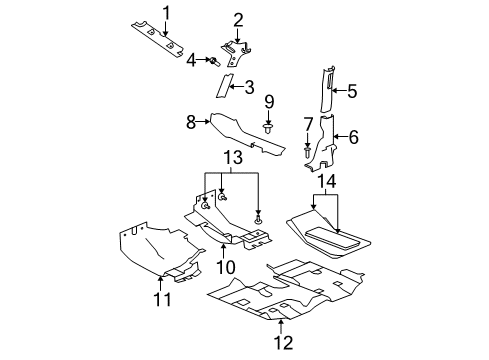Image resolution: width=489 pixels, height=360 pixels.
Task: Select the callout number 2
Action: (238, 19)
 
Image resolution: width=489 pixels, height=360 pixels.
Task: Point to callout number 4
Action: (190, 60)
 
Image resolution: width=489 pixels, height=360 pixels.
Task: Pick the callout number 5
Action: (352, 91)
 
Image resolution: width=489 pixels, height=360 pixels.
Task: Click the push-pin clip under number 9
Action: (268, 128)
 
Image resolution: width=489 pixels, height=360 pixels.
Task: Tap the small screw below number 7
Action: (307, 152)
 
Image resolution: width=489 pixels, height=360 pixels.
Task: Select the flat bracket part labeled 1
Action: (158, 39)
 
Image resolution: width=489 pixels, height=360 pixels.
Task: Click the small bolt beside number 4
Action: (214, 61)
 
